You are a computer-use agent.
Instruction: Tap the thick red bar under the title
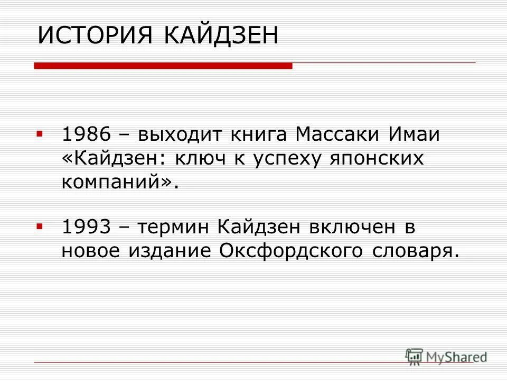(163, 66)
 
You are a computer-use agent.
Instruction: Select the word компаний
(113, 182)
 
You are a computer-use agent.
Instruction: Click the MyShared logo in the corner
(446, 356)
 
